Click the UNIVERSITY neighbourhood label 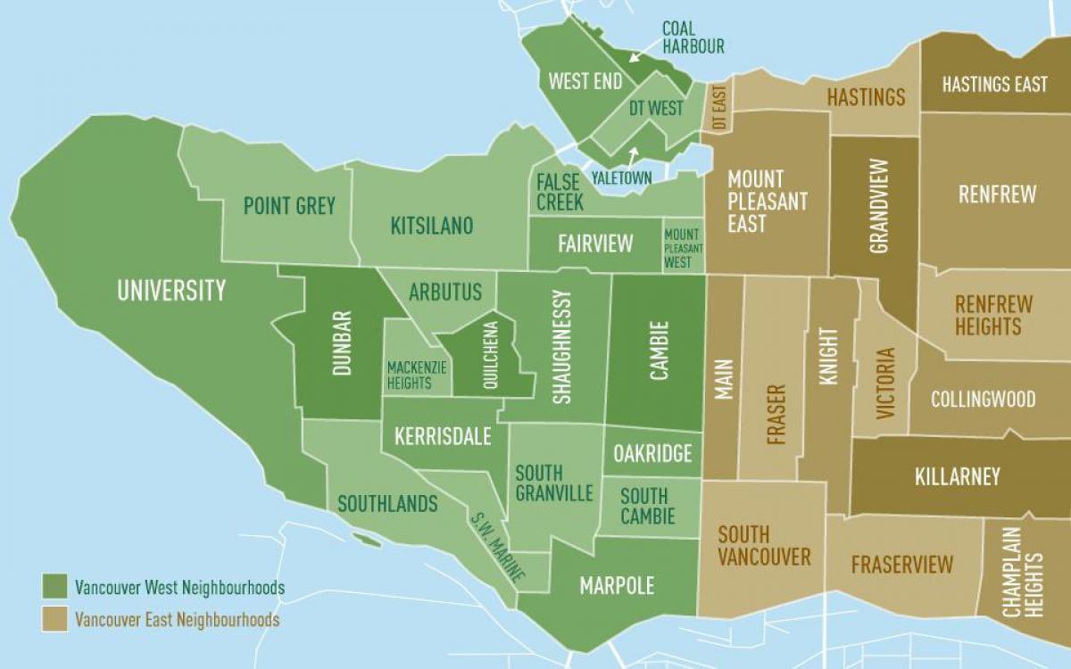click(171, 290)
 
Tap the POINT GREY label click(289, 206)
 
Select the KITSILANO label click(432, 225)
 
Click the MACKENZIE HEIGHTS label click(410, 375)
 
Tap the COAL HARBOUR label click(693, 37)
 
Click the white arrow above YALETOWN click(633, 156)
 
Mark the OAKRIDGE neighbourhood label click(652, 453)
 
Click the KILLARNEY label click(958, 476)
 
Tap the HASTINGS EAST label click(994, 85)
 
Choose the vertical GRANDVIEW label click(878, 206)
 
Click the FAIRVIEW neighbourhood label click(595, 243)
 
